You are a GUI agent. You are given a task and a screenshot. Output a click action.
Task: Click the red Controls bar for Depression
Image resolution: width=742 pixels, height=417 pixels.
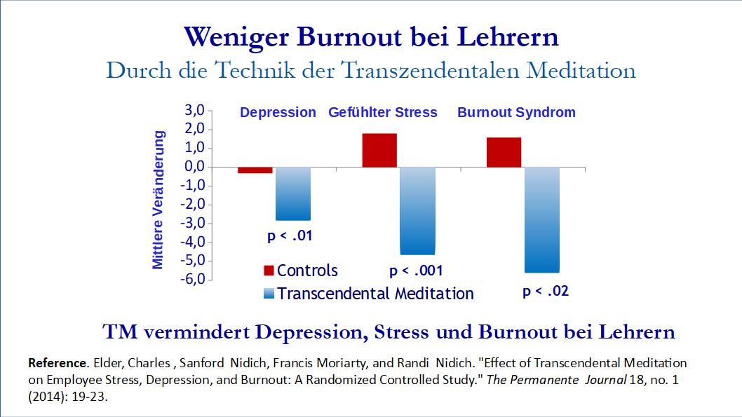pyautogui.click(x=245, y=170)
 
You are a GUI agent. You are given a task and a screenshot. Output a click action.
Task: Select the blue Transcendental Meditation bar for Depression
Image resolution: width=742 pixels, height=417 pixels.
pyautogui.click(x=292, y=193)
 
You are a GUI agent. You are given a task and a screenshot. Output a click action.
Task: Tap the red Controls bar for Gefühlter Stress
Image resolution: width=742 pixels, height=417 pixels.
pyautogui.click(x=379, y=150)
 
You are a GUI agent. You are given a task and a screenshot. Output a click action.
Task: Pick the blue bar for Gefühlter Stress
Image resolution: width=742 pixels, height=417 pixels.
pyautogui.click(x=417, y=210)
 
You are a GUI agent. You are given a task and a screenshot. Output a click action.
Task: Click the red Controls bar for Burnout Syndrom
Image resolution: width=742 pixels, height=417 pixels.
pyautogui.click(x=504, y=152)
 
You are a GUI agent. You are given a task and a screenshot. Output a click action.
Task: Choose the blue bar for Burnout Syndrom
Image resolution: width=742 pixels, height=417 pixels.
pyautogui.click(x=542, y=219)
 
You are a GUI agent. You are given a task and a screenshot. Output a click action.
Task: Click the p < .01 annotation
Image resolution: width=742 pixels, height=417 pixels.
pyautogui.click(x=290, y=235)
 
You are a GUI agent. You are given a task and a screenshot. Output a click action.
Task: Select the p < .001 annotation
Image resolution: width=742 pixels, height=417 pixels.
pyautogui.click(x=416, y=271)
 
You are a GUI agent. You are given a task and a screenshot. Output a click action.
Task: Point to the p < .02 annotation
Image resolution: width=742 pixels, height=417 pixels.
pyautogui.click(x=546, y=292)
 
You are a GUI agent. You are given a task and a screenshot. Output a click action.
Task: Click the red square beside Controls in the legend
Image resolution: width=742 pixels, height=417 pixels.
pyautogui.click(x=269, y=271)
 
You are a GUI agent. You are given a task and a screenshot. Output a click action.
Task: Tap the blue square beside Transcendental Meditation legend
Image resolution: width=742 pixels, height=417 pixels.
pyautogui.click(x=269, y=294)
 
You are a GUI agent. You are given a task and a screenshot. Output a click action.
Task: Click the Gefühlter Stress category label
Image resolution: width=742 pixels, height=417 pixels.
pyautogui.click(x=383, y=112)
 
